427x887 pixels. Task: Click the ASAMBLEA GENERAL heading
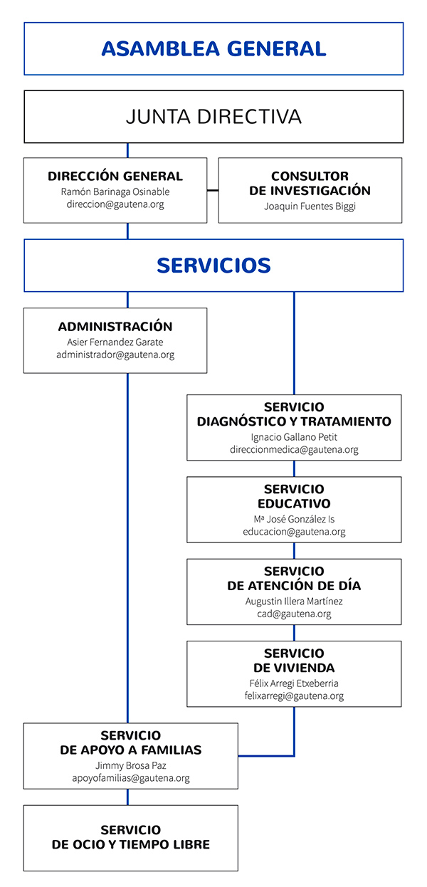pyautogui.click(x=213, y=48)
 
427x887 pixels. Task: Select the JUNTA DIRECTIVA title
pyautogui.click(x=213, y=117)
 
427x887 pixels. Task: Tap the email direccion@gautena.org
pyautogui.click(x=115, y=204)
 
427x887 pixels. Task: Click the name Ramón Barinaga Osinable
pyautogui.click(x=115, y=191)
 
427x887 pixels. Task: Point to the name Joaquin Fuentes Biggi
pyautogui.click(x=310, y=206)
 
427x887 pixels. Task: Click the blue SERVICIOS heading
pyautogui.click(x=213, y=266)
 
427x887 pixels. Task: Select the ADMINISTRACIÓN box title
pyautogui.click(x=115, y=326)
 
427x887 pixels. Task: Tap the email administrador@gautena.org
pyautogui.click(x=115, y=355)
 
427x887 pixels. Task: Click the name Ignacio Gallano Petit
pyautogui.click(x=294, y=437)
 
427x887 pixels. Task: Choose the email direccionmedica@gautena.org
pyautogui.click(x=294, y=450)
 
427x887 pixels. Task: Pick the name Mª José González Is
pyautogui.click(x=294, y=519)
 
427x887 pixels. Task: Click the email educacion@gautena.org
pyautogui.click(x=294, y=532)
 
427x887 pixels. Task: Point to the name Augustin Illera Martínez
pyautogui.click(x=294, y=602)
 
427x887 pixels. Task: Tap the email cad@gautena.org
pyautogui.click(x=294, y=614)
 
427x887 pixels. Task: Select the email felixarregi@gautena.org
pyautogui.click(x=294, y=696)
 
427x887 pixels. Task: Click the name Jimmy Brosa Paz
pyautogui.click(x=131, y=765)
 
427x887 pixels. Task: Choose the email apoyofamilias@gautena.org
pyautogui.click(x=131, y=778)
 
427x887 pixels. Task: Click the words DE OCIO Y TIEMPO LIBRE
pyautogui.click(x=131, y=844)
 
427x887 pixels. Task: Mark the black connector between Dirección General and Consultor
pyautogui.click(x=213, y=191)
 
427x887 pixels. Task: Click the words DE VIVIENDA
pyautogui.click(x=294, y=668)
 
